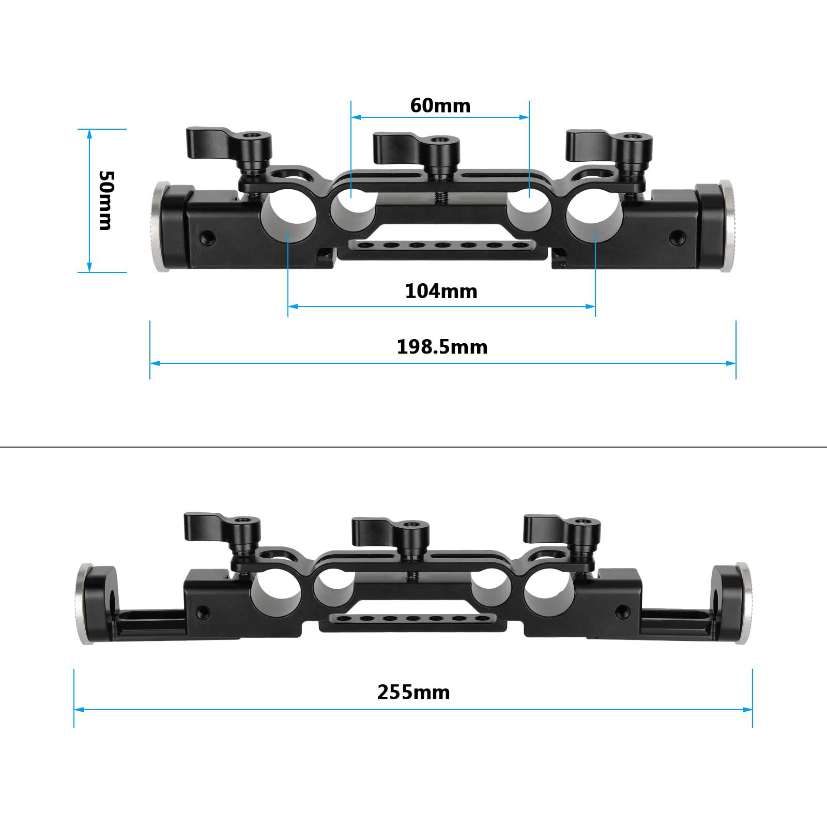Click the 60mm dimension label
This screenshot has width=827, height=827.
[440, 106]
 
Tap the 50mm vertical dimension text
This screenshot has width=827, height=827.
[105, 200]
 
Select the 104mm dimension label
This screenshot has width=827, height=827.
[441, 292]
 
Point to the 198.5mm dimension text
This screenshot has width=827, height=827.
[442, 347]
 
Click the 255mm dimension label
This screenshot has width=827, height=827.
[413, 692]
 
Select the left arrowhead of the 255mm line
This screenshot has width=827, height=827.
[79, 710]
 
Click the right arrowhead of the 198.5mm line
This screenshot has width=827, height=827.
[731, 363]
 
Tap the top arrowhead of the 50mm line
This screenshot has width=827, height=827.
[89, 134]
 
